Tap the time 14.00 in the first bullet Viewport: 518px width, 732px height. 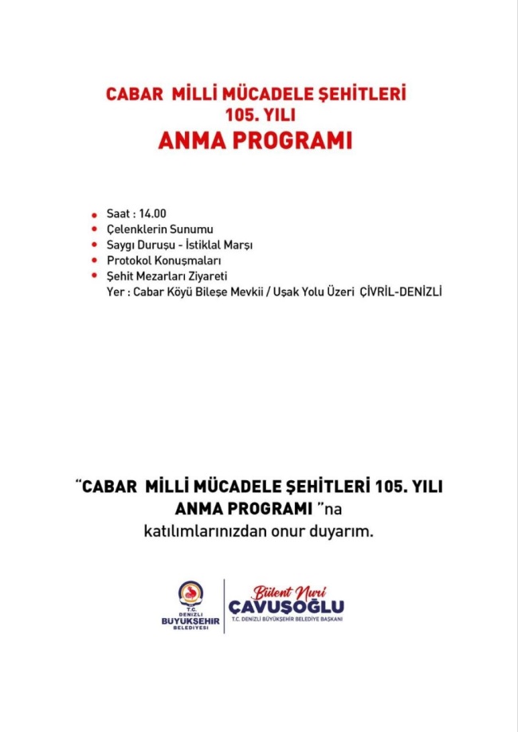[x=152, y=213]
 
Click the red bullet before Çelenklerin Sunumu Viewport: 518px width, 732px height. [x=95, y=230]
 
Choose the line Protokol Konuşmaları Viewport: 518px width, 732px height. [x=163, y=260]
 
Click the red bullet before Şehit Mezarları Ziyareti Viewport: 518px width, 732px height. [x=95, y=276]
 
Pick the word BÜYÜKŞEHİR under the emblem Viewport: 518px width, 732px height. [x=190, y=621]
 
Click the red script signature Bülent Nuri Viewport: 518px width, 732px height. [x=283, y=592]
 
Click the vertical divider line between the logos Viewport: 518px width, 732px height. [x=224, y=605]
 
